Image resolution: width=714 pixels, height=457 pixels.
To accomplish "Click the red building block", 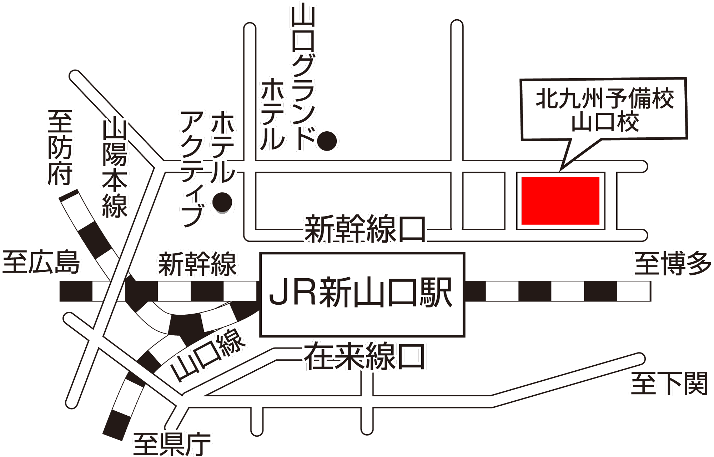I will click(560, 201).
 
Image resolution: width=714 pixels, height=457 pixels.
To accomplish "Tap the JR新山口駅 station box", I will click(362, 294).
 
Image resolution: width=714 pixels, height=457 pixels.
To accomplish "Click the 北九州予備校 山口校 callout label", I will click(604, 109).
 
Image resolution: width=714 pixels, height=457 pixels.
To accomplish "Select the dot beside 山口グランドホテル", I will click(327, 141).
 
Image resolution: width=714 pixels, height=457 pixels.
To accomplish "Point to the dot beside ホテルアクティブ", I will click(222, 202).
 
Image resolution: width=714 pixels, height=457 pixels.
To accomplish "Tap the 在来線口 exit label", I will click(364, 356).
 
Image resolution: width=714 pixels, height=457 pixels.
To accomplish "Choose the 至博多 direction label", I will click(672, 264).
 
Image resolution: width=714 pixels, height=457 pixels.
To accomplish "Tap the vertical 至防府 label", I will click(60, 147).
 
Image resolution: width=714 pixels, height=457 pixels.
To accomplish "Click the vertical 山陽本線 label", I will click(115, 168).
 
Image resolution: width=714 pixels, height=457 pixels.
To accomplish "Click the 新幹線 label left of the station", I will click(197, 264).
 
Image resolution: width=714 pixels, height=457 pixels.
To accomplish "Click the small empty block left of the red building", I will click(484, 201).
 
